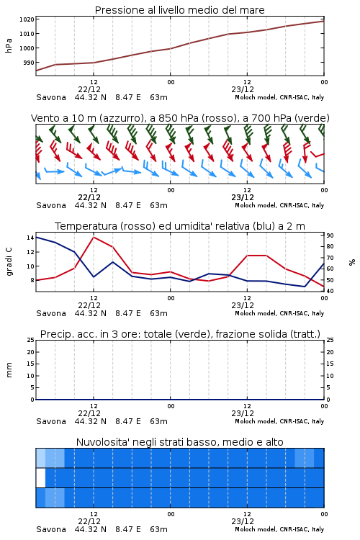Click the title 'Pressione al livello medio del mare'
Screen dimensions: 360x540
point(179,10)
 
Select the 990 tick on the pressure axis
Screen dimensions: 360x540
point(28,63)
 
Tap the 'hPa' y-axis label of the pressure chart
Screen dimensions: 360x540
point(9,45)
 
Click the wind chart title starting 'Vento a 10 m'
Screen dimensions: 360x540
point(180,118)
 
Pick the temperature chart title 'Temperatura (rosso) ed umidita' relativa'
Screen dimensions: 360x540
point(180,226)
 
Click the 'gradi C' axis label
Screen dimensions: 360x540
point(9,262)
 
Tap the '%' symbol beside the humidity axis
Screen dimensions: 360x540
point(352,262)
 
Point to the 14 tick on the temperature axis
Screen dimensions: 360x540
point(30,238)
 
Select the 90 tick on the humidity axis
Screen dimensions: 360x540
point(330,235)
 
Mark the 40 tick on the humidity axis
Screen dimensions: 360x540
point(330,291)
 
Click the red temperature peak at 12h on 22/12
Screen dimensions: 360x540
point(94,238)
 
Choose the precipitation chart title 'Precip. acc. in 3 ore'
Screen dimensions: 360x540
point(180,334)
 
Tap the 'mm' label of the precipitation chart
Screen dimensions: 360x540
point(9,370)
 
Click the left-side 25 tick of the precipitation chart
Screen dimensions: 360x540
point(31,340)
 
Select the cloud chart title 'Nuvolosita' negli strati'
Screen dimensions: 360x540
point(179,442)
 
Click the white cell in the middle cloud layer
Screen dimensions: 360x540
point(40,478)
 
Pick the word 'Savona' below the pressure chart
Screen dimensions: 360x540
point(51,97)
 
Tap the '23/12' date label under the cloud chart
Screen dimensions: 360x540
point(243,521)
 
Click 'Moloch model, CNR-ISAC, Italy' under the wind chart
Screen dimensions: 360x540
point(279,205)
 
